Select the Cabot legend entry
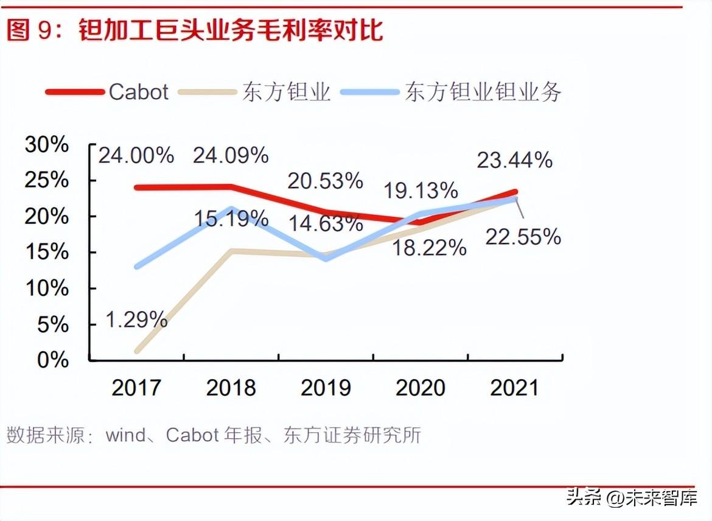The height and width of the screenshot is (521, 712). tap(138, 92)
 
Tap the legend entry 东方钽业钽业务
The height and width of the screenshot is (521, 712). tap(483, 92)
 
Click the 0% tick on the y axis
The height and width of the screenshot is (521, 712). tap(54, 360)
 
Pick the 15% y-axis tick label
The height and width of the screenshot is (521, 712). tap(47, 252)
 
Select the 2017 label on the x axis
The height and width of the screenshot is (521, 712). tap(136, 388)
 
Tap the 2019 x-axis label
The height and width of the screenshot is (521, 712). tap(326, 388)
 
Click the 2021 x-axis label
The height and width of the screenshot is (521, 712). tap(515, 388)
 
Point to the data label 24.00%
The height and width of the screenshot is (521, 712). tap(136, 155)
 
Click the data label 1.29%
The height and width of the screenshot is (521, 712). tap(136, 319)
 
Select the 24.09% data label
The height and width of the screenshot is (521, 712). tap(231, 155)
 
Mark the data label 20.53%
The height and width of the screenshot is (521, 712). tap(326, 181)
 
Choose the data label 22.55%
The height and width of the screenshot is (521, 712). tap(523, 237)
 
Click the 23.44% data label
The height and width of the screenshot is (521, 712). tap(515, 160)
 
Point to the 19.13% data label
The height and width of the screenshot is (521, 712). tap(421, 191)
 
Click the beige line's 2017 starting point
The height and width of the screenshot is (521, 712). tap(138, 351)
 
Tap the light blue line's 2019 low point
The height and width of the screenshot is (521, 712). tap(327, 258)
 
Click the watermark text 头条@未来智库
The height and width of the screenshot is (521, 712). tap(632, 499)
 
